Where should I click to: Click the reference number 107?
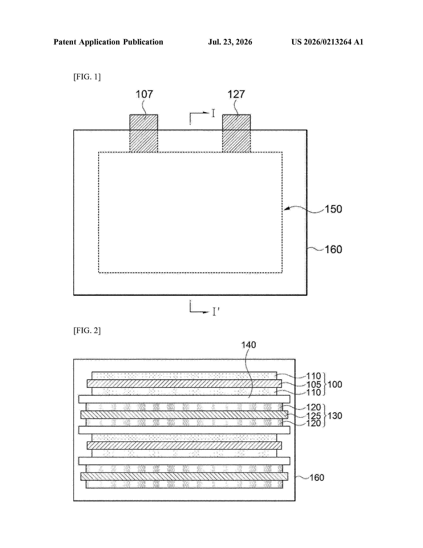pos(144,94)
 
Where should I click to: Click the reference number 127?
pos(236,94)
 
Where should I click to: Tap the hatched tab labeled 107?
pos(144,133)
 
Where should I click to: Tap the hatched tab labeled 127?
pos(236,133)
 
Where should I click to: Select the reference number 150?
pos(333,209)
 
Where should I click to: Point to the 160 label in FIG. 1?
pos(333,249)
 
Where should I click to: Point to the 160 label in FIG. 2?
pos(317,477)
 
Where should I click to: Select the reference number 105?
pos(314,384)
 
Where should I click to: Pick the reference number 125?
pos(314,416)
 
